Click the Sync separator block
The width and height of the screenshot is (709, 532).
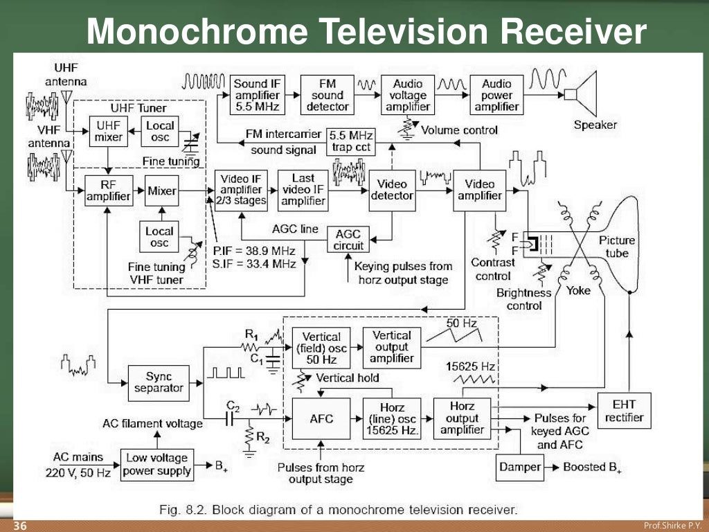[159, 382]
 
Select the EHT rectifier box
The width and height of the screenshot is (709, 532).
[624, 411]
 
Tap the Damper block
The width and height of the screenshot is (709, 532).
[519, 467]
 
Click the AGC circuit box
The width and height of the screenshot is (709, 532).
[348, 240]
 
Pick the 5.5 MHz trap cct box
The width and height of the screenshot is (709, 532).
[350, 141]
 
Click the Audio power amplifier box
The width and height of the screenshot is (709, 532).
[496, 95]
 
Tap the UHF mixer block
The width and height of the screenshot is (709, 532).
[109, 131]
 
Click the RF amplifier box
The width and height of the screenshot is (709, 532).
[108, 190]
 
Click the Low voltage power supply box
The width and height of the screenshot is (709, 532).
[157, 465]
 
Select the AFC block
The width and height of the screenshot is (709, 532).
[322, 418]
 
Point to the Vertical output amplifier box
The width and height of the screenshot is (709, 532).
[392, 346]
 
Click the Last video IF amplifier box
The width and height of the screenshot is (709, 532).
[303, 190]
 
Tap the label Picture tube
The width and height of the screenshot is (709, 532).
[616, 247]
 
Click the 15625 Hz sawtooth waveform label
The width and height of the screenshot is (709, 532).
[471, 365]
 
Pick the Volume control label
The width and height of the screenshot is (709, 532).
[458, 130]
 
